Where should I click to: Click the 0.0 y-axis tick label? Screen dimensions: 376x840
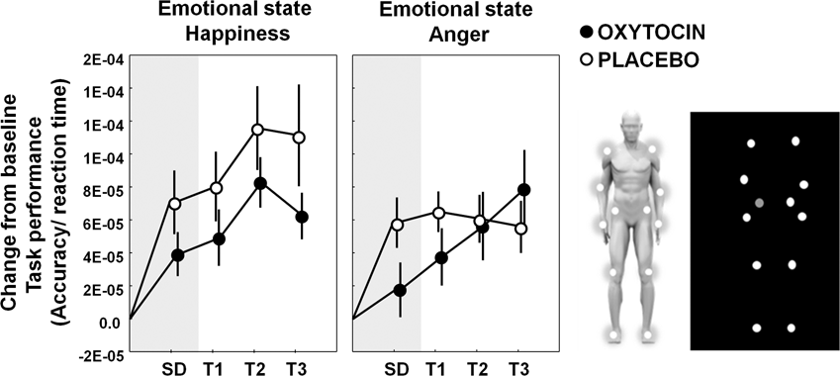[108, 321]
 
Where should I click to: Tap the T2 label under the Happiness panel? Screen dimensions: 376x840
[258, 369]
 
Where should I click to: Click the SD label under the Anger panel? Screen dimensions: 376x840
[399, 369]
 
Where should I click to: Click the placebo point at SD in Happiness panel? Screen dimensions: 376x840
[175, 204]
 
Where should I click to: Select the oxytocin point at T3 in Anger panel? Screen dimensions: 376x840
[524, 190]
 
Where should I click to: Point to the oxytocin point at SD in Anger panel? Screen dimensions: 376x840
[399, 290]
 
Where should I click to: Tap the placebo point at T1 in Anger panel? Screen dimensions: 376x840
[439, 213]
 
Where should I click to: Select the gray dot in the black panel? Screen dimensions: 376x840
[759, 203]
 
